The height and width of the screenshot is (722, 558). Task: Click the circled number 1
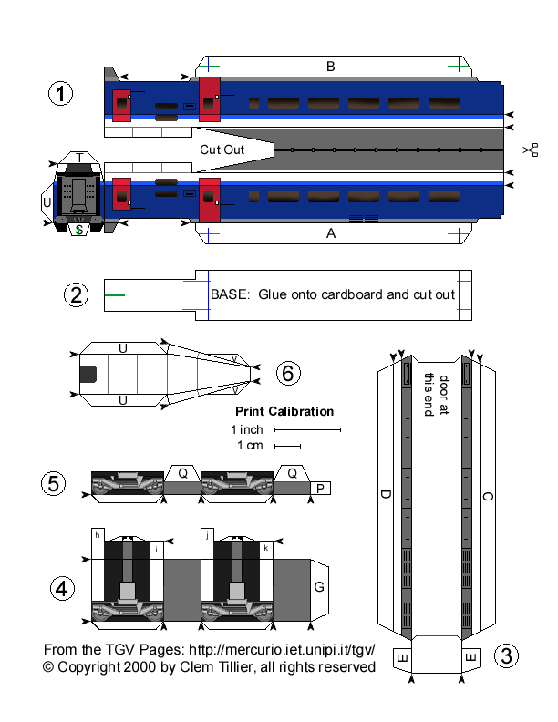click(60, 94)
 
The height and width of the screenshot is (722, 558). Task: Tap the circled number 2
click(77, 294)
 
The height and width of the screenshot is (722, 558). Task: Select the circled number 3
click(506, 655)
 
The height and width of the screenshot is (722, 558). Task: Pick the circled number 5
click(56, 484)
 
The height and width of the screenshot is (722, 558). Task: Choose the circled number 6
click(287, 373)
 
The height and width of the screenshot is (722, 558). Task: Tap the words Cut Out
click(222, 149)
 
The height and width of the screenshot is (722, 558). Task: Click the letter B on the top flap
click(331, 66)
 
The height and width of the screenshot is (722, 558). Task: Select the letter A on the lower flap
click(331, 233)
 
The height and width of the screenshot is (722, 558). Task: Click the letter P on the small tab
click(320, 490)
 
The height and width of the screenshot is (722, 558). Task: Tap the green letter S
click(79, 230)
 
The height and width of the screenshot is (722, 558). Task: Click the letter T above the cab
click(80, 158)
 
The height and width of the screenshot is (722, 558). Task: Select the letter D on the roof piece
click(386, 495)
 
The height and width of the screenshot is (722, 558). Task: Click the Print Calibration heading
click(284, 411)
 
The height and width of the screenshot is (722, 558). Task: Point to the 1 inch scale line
click(307, 428)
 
